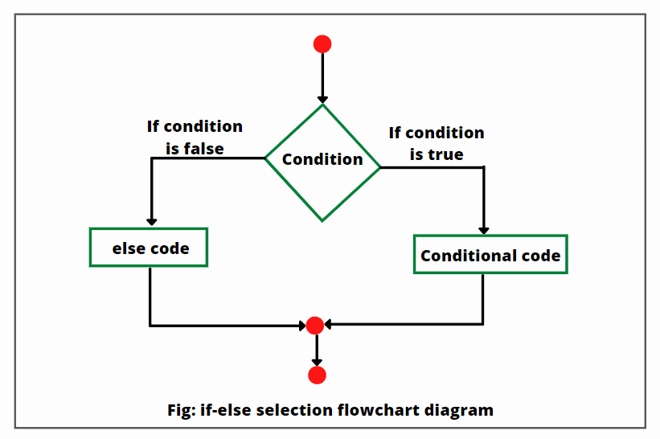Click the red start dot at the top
click(322, 44)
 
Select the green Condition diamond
click(322, 162)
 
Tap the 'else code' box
click(150, 248)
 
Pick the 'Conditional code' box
click(490, 255)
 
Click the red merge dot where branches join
click(315, 325)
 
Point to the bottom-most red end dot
click(317, 375)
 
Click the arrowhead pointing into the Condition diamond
click(322, 97)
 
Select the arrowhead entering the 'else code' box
click(150, 221)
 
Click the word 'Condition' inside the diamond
click(322, 159)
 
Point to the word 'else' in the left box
click(127, 248)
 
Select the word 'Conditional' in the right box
click(468, 256)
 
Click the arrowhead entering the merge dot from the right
click(329, 325)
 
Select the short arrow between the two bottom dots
click(317, 350)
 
